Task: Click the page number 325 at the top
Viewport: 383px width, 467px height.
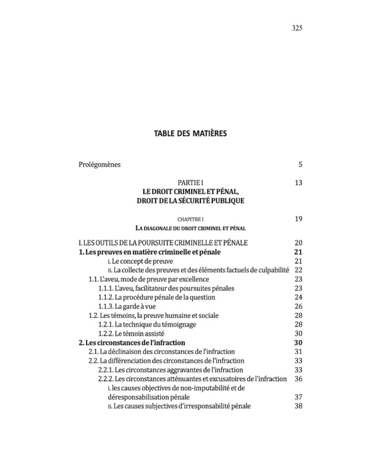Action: pos(297,28)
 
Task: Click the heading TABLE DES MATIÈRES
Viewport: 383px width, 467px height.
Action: pos(190,133)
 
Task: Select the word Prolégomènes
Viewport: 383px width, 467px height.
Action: pos(100,165)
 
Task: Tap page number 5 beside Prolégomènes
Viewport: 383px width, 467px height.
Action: pos(300,165)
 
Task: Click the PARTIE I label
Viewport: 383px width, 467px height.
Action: pos(191,183)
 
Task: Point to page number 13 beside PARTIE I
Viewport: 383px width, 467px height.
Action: pos(298,183)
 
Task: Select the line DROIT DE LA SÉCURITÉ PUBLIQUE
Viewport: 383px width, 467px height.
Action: pos(191,201)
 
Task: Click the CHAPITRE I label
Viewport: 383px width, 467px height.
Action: pos(191,220)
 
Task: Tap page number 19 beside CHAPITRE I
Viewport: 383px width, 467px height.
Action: pos(298,219)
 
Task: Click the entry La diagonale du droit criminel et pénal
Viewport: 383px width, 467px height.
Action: pos(191,229)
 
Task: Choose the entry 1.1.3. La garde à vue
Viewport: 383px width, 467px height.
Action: pos(127,306)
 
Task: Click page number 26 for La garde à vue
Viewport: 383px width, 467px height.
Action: pos(298,306)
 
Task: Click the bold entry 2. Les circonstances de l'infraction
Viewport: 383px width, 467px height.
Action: pos(132,343)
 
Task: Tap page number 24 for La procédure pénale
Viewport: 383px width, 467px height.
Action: pos(298,297)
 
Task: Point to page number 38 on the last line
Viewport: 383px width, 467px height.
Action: pos(298,406)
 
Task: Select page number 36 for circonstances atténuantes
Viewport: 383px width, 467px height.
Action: pos(298,379)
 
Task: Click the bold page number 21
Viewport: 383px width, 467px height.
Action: pos(298,252)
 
